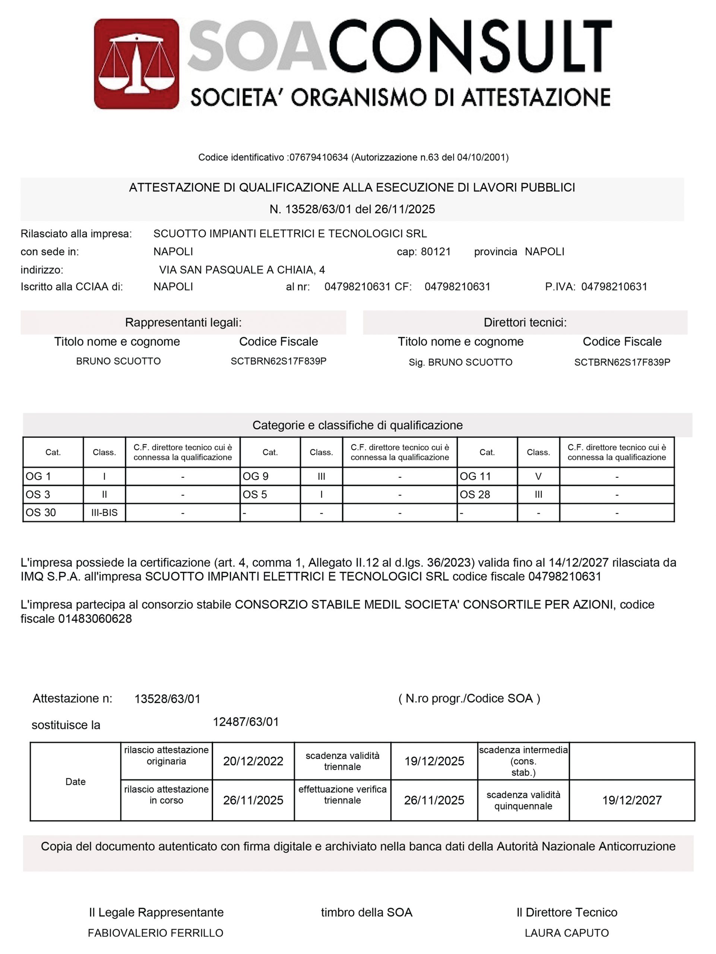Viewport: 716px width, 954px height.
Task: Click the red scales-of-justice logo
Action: click(136, 63)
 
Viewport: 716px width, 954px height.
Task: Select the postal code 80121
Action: click(435, 252)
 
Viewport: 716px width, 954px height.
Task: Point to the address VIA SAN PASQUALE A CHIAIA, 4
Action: click(242, 270)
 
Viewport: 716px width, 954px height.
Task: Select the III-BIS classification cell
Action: click(104, 513)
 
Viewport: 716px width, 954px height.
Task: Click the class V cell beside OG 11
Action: click(538, 477)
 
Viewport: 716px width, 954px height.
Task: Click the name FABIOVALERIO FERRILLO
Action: click(156, 933)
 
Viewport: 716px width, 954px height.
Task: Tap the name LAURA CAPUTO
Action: click(566, 933)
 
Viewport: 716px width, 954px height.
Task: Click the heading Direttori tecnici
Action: click(525, 323)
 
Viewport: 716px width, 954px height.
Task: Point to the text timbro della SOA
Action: click(367, 913)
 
